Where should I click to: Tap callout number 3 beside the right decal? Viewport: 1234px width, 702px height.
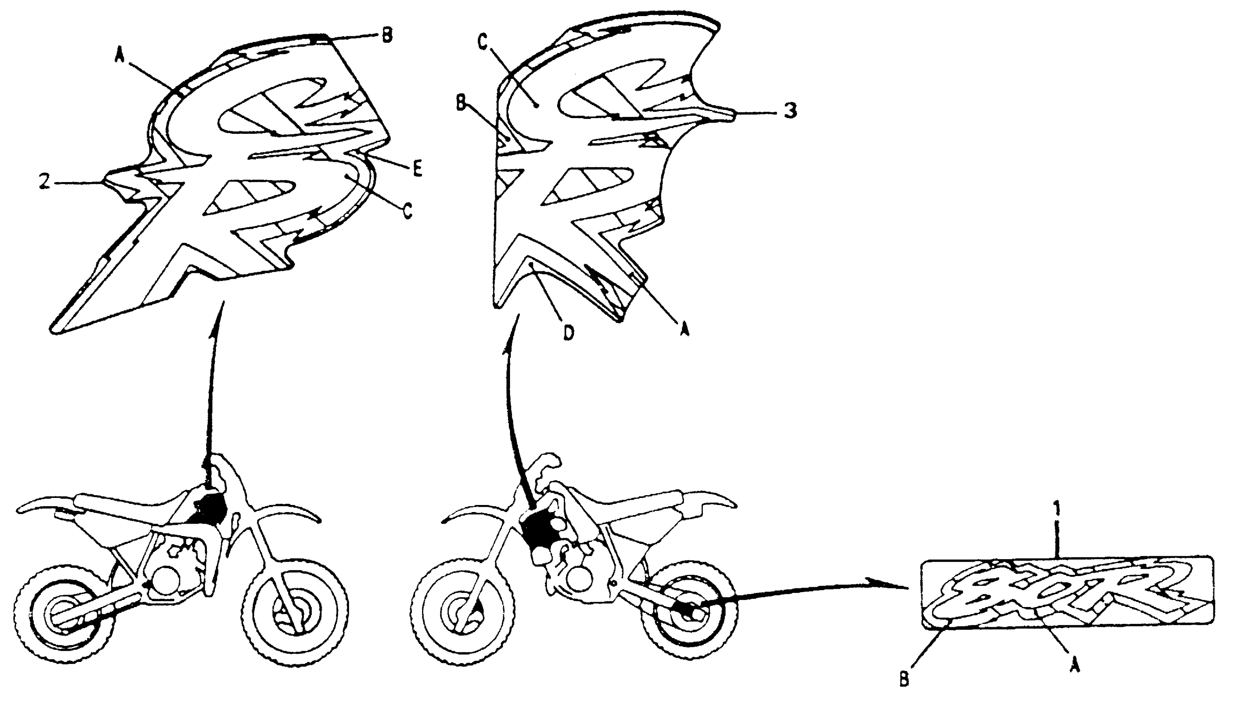pos(789,111)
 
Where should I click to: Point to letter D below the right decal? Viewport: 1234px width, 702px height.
pos(569,333)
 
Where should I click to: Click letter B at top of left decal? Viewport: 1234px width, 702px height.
pos(387,35)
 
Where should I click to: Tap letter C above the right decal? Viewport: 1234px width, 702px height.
pos(484,43)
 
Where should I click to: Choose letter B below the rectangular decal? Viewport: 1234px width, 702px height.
pos(904,680)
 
